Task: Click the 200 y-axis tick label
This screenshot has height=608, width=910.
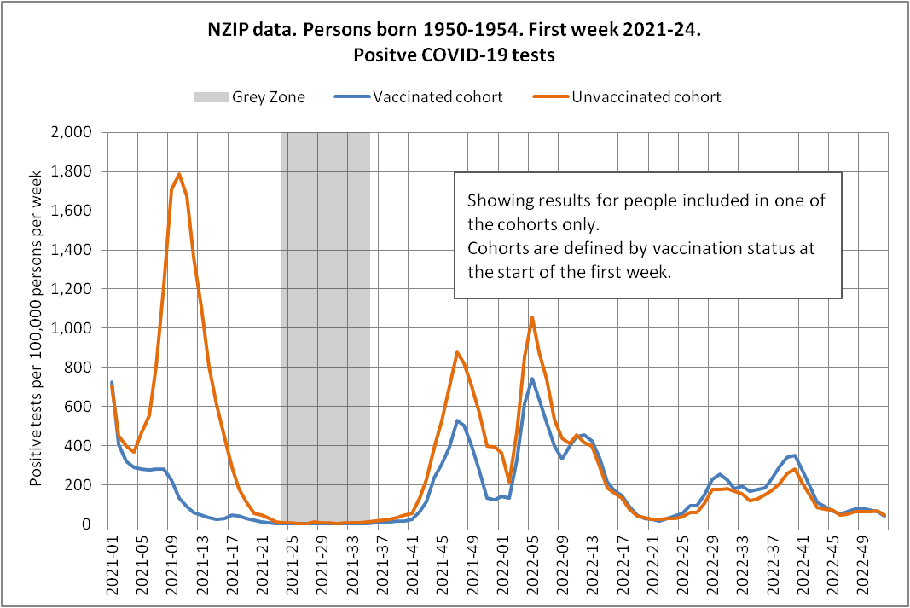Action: click(81, 485)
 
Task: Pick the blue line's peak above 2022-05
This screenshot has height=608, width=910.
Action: click(532, 379)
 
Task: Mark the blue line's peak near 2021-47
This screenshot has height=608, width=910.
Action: click(457, 420)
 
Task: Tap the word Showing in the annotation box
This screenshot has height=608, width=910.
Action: click(496, 202)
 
